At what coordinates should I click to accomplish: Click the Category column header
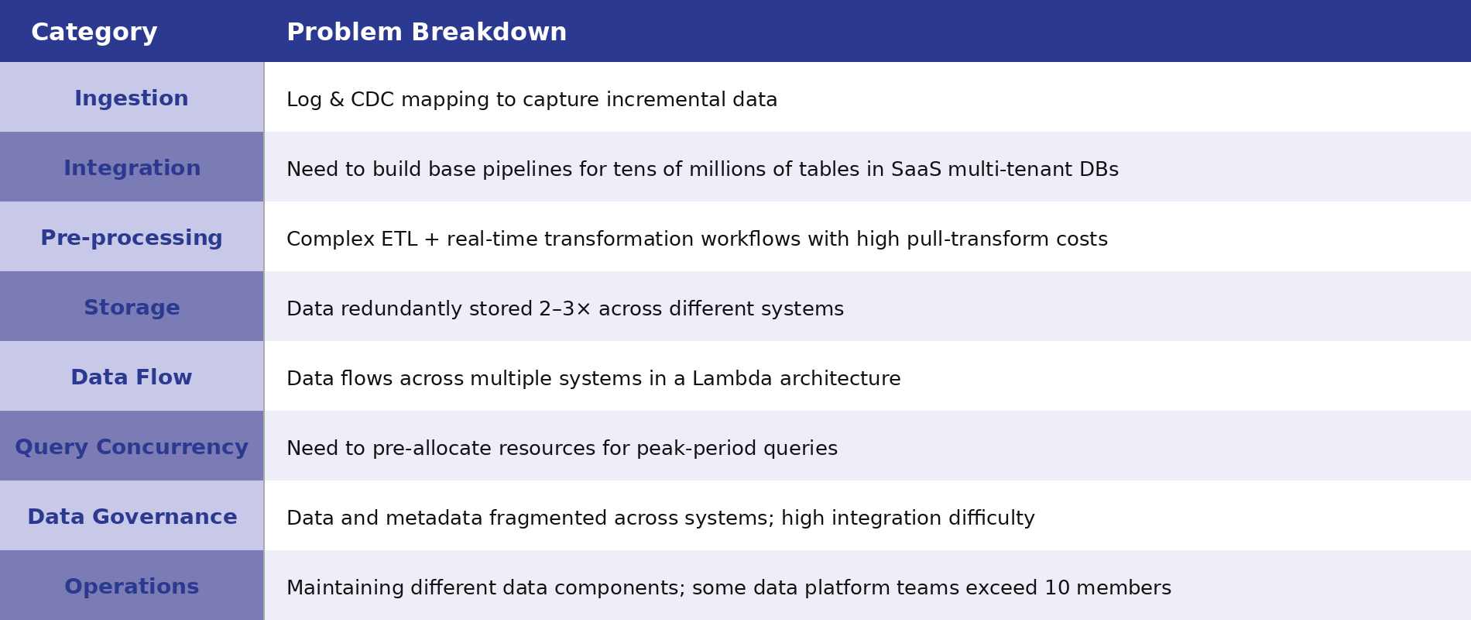[94, 33]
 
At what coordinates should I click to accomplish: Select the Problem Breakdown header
[427, 33]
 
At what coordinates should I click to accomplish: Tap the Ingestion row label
[132, 99]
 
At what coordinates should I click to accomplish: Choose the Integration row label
[132, 169]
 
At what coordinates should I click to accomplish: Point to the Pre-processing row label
[132, 239]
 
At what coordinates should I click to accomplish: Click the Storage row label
[132, 308]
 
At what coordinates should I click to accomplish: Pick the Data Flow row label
[132, 378]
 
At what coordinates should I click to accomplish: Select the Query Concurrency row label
[132, 448]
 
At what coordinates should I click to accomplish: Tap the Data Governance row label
[132, 518]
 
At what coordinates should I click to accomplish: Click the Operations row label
[132, 587]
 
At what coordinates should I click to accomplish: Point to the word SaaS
[916, 170]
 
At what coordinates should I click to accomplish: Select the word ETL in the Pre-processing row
[399, 239]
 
